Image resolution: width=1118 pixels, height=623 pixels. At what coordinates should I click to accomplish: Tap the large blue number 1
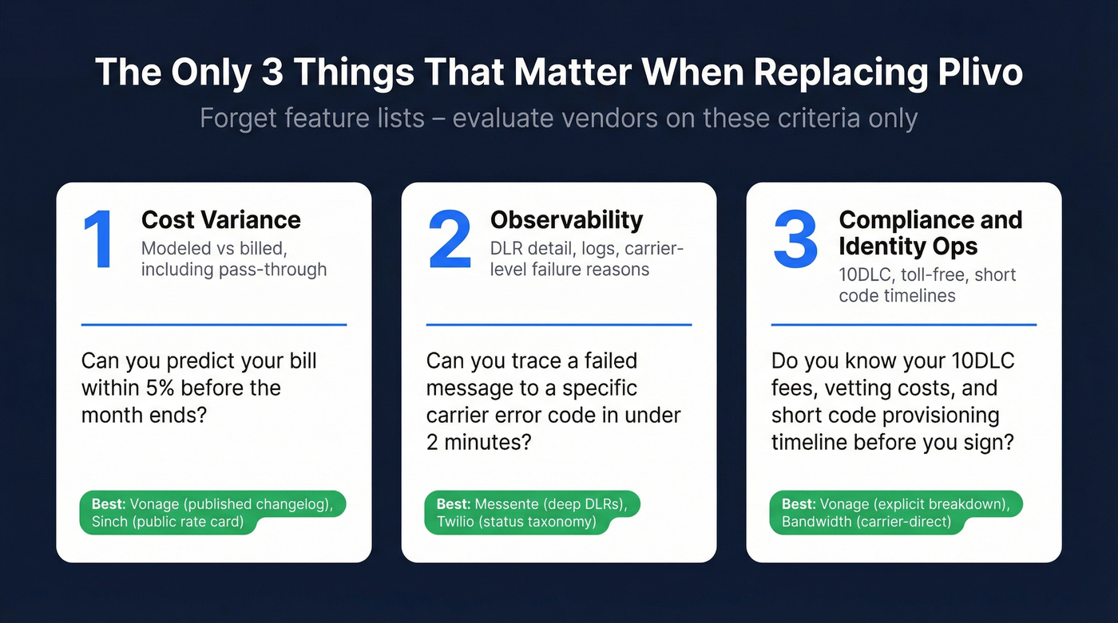coord(99,240)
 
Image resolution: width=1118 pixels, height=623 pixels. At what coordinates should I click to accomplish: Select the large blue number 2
coord(450,240)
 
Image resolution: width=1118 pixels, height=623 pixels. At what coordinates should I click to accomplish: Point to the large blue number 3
coord(795,240)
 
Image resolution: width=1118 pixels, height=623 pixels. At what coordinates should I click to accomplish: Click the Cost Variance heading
coord(221,220)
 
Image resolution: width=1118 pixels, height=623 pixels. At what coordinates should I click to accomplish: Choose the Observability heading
coord(566,220)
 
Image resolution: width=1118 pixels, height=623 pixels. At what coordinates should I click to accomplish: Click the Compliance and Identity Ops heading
coord(930,233)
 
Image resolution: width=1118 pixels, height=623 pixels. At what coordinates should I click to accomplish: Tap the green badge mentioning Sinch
coord(212,512)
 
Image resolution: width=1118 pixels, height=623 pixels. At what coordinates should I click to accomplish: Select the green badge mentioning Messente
coord(532,512)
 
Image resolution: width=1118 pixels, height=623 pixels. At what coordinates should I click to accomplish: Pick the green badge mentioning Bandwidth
coord(896,512)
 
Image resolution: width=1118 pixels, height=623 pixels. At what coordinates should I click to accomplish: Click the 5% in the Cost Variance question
coord(160,388)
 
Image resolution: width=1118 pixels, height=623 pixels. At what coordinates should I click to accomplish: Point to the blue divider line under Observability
coord(559,325)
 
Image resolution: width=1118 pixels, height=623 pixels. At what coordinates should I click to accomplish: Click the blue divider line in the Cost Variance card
coord(214,325)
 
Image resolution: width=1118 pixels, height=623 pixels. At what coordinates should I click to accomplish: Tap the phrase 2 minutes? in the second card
coord(479,442)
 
